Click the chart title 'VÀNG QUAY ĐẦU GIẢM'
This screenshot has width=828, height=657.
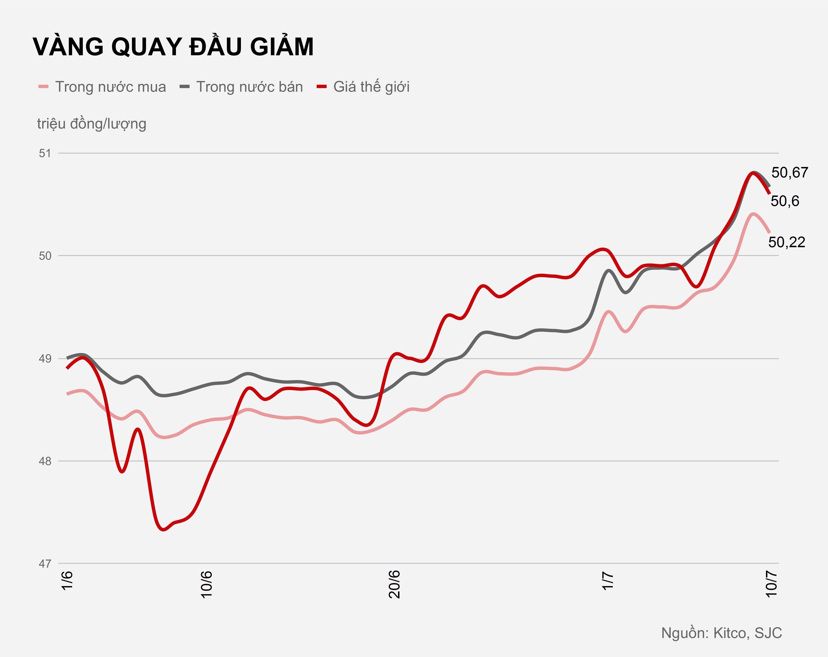point(173,47)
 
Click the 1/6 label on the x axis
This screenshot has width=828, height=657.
point(67,581)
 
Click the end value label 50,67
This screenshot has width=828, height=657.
point(790,173)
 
